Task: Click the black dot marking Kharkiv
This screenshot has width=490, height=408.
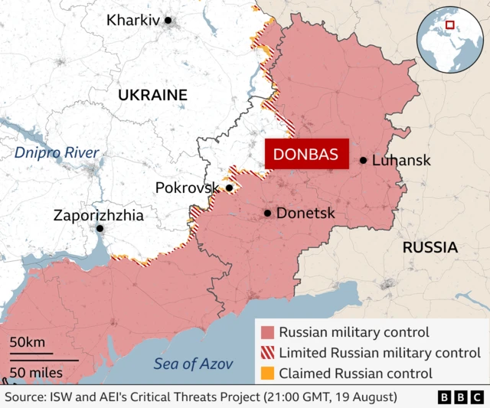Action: (x=168, y=21)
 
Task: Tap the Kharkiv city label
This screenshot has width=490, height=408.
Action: (x=133, y=21)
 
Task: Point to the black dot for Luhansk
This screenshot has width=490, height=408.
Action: (x=363, y=161)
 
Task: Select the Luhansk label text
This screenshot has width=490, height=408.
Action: (x=401, y=161)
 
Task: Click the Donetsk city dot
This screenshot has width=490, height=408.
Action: (x=267, y=214)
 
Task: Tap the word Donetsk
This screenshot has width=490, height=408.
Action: (x=305, y=214)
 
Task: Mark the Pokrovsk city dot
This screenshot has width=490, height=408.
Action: (x=229, y=188)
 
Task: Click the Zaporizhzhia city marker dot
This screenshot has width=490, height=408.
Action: (x=100, y=228)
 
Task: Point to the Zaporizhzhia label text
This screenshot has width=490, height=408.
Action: (x=98, y=215)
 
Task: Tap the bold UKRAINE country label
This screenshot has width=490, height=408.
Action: (x=152, y=95)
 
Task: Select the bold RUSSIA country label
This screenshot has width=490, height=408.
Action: (x=430, y=247)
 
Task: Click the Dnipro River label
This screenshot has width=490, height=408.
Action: (x=57, y=152)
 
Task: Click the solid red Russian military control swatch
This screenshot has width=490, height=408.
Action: (x=267, y=333)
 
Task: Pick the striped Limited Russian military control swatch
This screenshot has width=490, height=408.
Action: (x=267, y=353)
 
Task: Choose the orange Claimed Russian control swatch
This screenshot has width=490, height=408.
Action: (x=267, y=374)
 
